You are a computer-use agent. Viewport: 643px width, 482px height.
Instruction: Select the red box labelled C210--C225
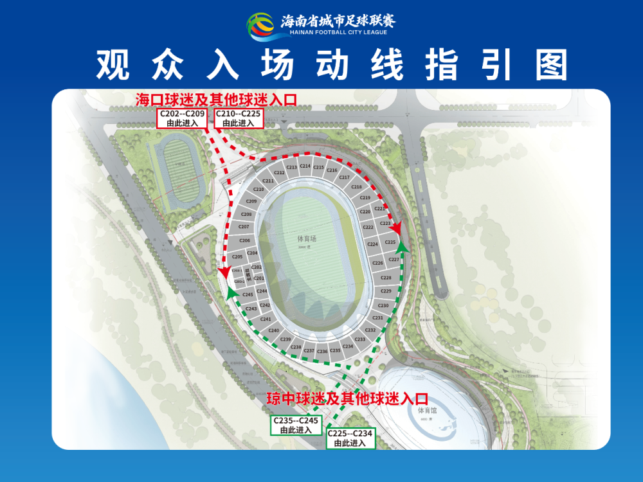(x=239, y=118)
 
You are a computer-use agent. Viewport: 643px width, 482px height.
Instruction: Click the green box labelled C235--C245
(x=296, y=425)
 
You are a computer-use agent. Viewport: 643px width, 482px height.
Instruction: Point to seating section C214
(x=305, y=166)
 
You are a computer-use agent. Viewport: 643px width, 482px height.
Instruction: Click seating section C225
(x=390, y=242)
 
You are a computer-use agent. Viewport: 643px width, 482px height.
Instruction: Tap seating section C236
(x=322, y=352)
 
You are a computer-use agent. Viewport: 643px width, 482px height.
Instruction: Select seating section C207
(x=244, y=227)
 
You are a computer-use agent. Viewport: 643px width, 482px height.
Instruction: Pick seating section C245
(x=248, y=294)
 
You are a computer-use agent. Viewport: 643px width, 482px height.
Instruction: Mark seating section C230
(x=383, y=306)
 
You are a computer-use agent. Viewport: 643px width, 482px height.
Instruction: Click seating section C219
(x=365, y=198)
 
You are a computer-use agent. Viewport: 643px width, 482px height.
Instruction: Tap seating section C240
(x=274, y=330)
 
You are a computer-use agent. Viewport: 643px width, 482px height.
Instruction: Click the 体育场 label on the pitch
(x=307, y=238)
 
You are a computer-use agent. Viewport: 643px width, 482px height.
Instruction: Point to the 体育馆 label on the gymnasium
(x=427, y=410)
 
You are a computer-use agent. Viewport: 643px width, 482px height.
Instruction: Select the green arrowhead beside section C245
(x=230, y=291)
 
